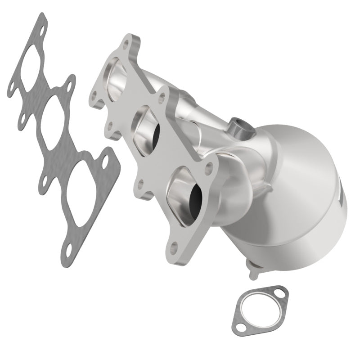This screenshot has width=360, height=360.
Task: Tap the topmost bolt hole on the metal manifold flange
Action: coord(126,42)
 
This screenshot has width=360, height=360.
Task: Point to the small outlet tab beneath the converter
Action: coord(253,269)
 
